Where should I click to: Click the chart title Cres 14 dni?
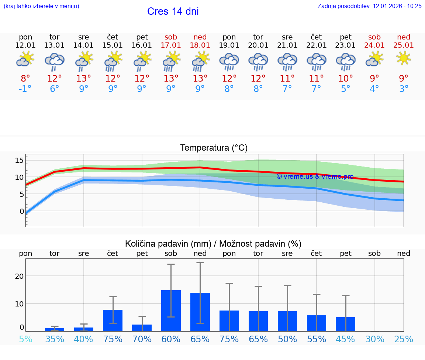click(x=173, y=11)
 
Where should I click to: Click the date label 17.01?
click(x=171, y=45)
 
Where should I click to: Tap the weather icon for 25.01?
click(x=404, y=59)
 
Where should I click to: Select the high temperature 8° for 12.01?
click(x=25, y=78)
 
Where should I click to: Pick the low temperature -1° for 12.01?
click(x=25, y=89)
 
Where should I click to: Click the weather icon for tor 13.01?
click(x=55, y=61)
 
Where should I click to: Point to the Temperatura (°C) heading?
click(x=214, y=148)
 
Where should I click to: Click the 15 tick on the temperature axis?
click(x=19, y=160)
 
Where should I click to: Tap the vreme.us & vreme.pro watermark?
click(x=315, y=176)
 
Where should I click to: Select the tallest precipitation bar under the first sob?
click(x=171, y=311)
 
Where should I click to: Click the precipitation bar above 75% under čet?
click(x=113, y=320)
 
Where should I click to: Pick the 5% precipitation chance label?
click(x=25, y=339)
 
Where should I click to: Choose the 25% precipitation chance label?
click(x=404, y=339)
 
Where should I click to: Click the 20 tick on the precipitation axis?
click(x=19, y=276)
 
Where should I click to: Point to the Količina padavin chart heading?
click(x=213, y=244)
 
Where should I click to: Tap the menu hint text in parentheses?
click(x=41, y=6)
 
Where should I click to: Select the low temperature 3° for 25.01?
click(x=404, y=89)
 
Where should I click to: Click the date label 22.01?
click(x=316, y=45)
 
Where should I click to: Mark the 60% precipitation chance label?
click(x=171, y=339)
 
